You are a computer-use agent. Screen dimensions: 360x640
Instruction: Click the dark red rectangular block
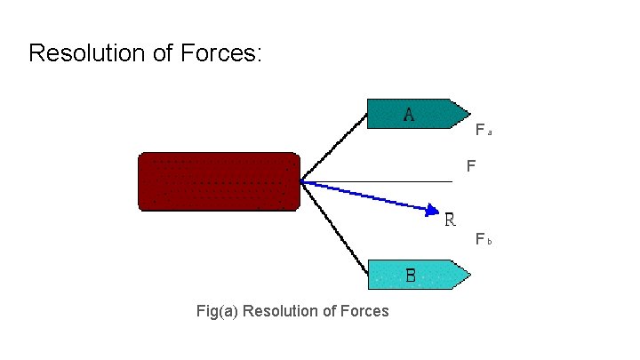pyautogui.click(x=219, y=181)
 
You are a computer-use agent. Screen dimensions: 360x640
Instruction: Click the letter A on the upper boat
pyautogui.click(x=408, y=114)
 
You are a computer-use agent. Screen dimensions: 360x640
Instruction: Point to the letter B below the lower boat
pyautogui.click(x=410, y=276)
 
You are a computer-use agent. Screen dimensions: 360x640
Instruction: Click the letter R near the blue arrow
pyautogui.click(x=451, y=219)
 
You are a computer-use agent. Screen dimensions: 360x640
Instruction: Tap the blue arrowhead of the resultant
pyautogui.click(x=431, y=210)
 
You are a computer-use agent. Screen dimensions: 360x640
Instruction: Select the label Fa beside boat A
pyautogui.click(x=483, y=131)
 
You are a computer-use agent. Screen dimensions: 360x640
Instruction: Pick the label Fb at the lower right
pyautogui.click(x=483, y=239)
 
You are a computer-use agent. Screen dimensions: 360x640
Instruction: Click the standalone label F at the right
pyautogui.click(x=470, y=166)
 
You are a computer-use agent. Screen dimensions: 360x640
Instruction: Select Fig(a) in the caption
pyautogui.click(x=217, y=311)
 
